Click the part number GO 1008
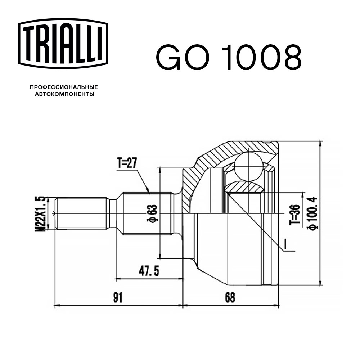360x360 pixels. [228, 58]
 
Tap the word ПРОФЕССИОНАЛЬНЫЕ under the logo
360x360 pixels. [64, 87]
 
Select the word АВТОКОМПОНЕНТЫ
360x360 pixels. [64, 94]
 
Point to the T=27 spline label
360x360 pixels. [127, 164]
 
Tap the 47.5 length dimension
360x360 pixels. [149, 271]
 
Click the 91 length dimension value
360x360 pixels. [118, 297]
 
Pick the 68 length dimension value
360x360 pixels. [230, 297]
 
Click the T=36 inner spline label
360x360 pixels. [295, 214]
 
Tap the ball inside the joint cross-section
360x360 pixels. [248, 165]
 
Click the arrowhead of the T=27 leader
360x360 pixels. [148, 191]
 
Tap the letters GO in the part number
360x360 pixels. [184, 58]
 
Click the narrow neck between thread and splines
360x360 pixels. [113, 213]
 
